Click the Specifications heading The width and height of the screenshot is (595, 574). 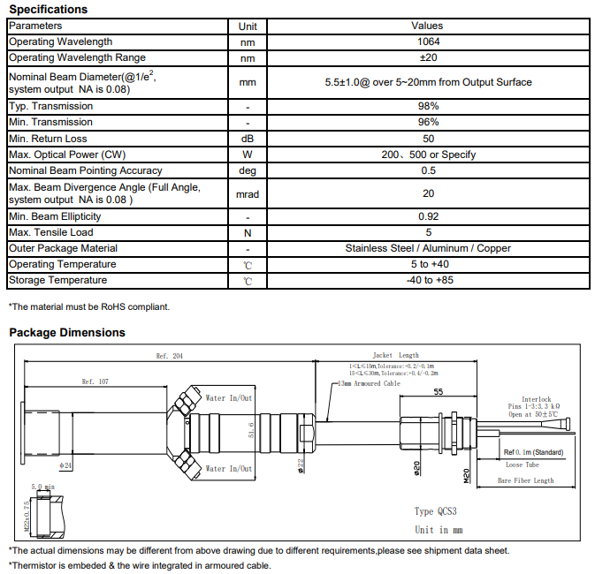(x=48, y=9)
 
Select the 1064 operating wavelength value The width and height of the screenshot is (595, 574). (x=428, y=42)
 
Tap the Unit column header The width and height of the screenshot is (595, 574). (x=248, y=26)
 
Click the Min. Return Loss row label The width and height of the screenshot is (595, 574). (x=49, y=139)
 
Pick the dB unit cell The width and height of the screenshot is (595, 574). (x=248, y=139)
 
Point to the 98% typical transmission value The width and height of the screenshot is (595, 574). (x=428, y=106)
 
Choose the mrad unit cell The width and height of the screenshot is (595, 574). (x=248, y=194)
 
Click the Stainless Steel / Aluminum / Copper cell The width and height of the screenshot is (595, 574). (x=428, y=248)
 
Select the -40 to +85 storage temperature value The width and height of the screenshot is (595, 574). (x=428, y=280)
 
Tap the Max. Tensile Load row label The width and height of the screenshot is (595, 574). (x=50, y=232)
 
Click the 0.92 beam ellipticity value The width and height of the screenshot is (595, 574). (x=428, y=216)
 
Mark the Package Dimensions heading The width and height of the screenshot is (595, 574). (x=66, y=333)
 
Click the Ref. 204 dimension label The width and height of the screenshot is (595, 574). (x=168, y=356)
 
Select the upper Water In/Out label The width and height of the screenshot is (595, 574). (x=229, y=398)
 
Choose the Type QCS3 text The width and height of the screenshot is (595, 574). (x=435, y=511)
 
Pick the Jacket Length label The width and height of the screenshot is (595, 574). (x=395, y=355)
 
